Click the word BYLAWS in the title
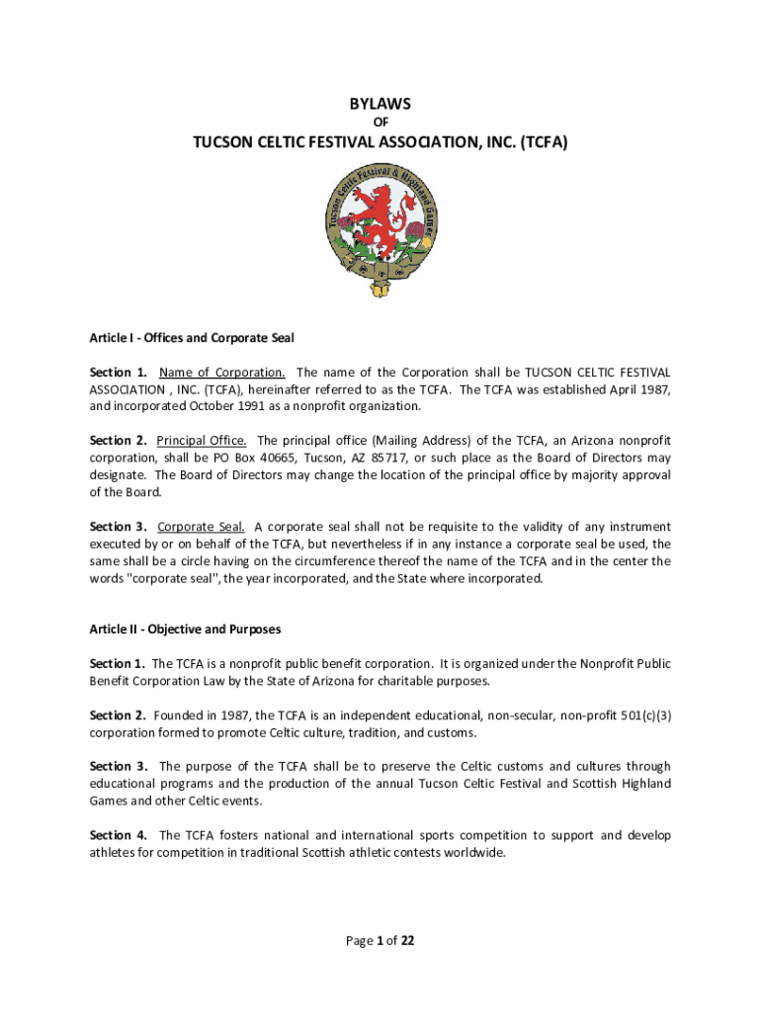click(x=380, y=103)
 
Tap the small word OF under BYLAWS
click(x=380, y=123)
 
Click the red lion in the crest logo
click(x=379, y=218)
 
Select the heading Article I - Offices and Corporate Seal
click(x=192, y=338)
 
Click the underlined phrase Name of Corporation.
click(x=222, y=373)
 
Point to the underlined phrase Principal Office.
click(x=203, y=441)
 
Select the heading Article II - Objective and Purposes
click(x=185, y=630)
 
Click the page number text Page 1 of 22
click(x=380, y=941)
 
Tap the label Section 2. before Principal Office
click(x=119, y=441)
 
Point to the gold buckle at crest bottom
click(x=380, y=289)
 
